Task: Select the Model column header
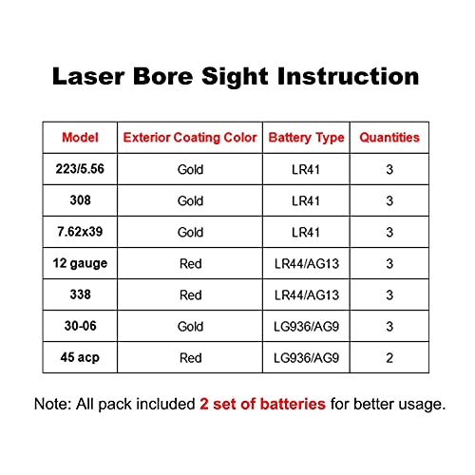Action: click(80, 138)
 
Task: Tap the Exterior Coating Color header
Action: click(190, 138)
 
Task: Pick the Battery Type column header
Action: click(305, 138)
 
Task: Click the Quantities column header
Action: click(389, 138)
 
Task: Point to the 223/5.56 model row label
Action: click(80, 169)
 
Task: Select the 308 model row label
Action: click(80, 200)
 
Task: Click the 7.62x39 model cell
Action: click(80, 232)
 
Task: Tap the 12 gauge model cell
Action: click(80, 263)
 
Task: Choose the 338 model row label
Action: click(80, 294)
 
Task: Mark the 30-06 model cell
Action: click(80, 326)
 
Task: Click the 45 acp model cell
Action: click(80, 357)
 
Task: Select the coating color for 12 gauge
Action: click(190, 264)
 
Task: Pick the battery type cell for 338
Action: click(305, 295)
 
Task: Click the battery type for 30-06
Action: click(305, 327)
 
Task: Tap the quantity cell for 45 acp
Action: click(389, 358)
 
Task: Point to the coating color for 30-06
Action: click(190, 327)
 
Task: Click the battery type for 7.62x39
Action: click(305, 233)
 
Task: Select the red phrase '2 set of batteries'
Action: click(262, 404)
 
